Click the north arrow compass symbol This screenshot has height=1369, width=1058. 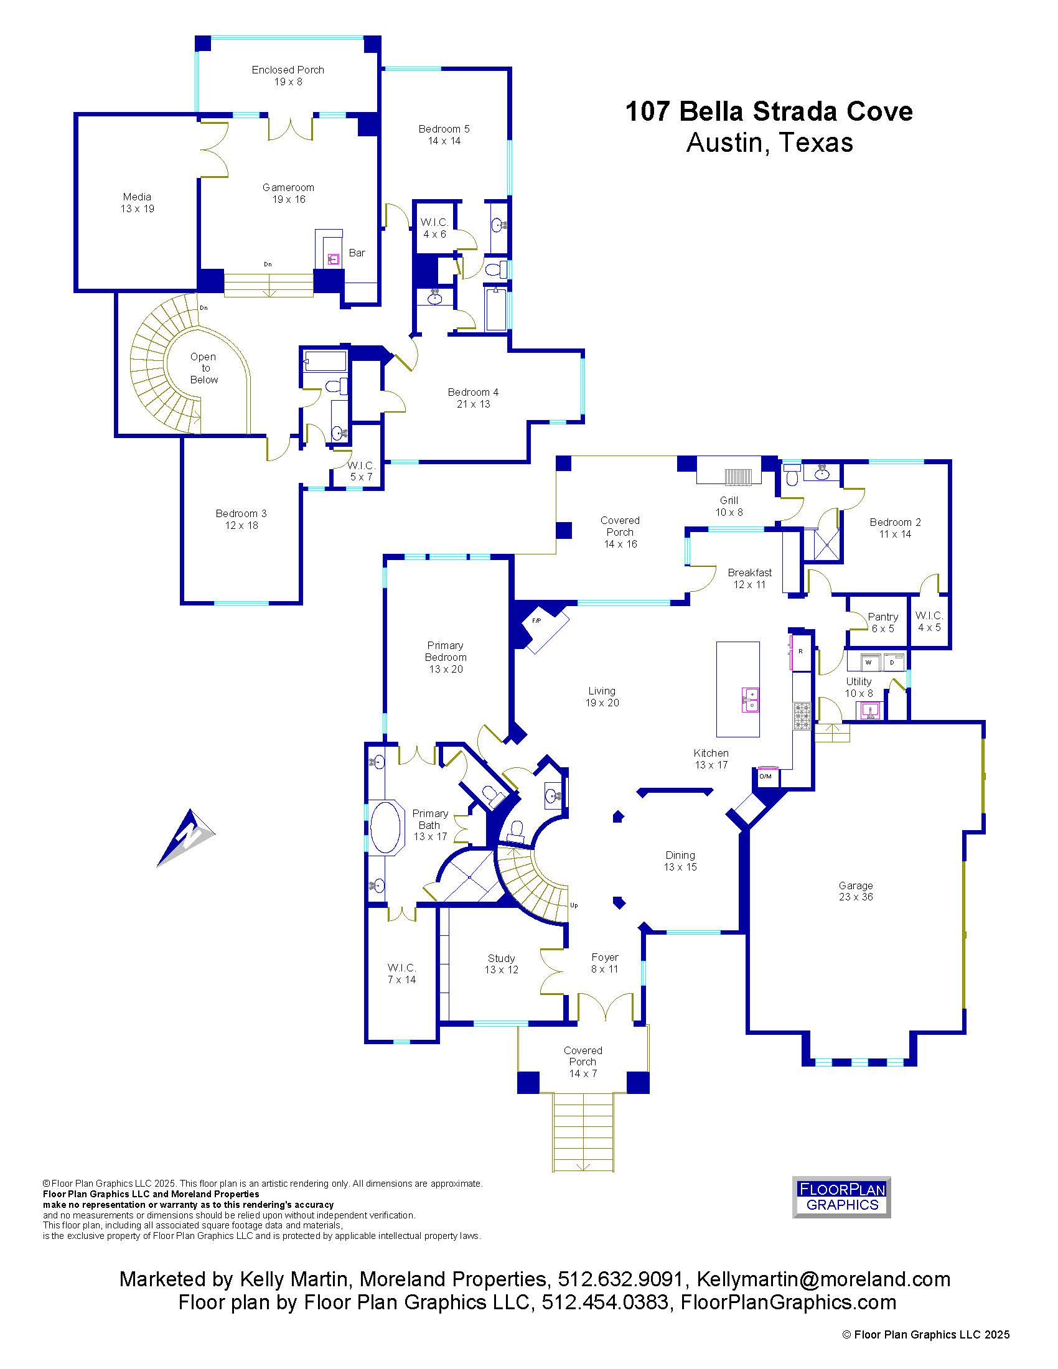tap(186, 838)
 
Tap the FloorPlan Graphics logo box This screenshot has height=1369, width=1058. tap(841, 1197)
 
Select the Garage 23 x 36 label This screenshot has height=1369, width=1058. tap(856, 890)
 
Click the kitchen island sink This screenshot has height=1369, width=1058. tap(751, 700)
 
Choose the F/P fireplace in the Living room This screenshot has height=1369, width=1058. tap(546, 629)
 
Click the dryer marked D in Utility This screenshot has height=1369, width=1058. tap(892, 662)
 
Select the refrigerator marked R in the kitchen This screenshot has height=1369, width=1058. tap(800, 652)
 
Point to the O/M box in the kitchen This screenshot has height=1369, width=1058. tap(766, 776)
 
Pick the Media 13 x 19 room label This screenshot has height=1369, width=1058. tap(138, 202)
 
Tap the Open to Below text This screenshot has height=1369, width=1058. tap(204, 368)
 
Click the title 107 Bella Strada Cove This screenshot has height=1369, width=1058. tap(769, 111)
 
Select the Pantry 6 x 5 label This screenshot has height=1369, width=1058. tap(882, 622)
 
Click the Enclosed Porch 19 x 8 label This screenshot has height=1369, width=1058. tap(288, 75)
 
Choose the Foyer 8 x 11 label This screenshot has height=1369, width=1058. tap(605, 963)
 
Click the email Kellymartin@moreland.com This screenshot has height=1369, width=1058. tap(823, 1279)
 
